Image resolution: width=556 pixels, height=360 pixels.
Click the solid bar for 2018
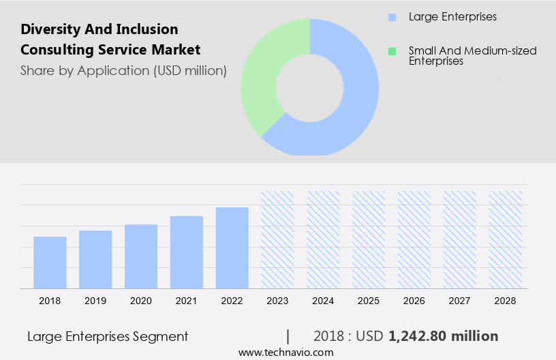pos(50,262)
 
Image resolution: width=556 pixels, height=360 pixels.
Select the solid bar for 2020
pos(141,256)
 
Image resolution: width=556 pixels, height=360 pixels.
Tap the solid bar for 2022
pos(232,247)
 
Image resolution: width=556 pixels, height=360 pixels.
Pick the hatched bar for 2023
pos(278,239)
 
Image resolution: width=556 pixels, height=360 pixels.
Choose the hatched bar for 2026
pos(414,239)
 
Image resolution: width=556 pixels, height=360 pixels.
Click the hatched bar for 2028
pos(506,239)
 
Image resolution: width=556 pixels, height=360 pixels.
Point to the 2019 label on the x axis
pos(95,300)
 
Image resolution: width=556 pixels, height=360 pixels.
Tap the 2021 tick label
pos(187,300)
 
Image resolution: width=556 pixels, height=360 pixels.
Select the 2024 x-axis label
pos(323,300)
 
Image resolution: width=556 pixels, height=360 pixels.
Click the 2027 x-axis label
pos(460,300)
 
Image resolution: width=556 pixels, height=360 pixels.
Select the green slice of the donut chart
pos(262,75)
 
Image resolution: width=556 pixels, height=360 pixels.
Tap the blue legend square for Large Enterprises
pos(391,16)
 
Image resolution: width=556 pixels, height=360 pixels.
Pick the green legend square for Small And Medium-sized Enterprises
pos(391,51)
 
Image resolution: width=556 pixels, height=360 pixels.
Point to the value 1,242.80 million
pos(443,336)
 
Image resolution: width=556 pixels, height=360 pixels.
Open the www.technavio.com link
pos(286,352)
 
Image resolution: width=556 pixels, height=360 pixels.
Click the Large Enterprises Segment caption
pos(108,336)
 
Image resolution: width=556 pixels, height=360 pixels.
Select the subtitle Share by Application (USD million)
pos(123,70)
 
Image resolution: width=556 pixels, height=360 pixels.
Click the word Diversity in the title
pos(49,29)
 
